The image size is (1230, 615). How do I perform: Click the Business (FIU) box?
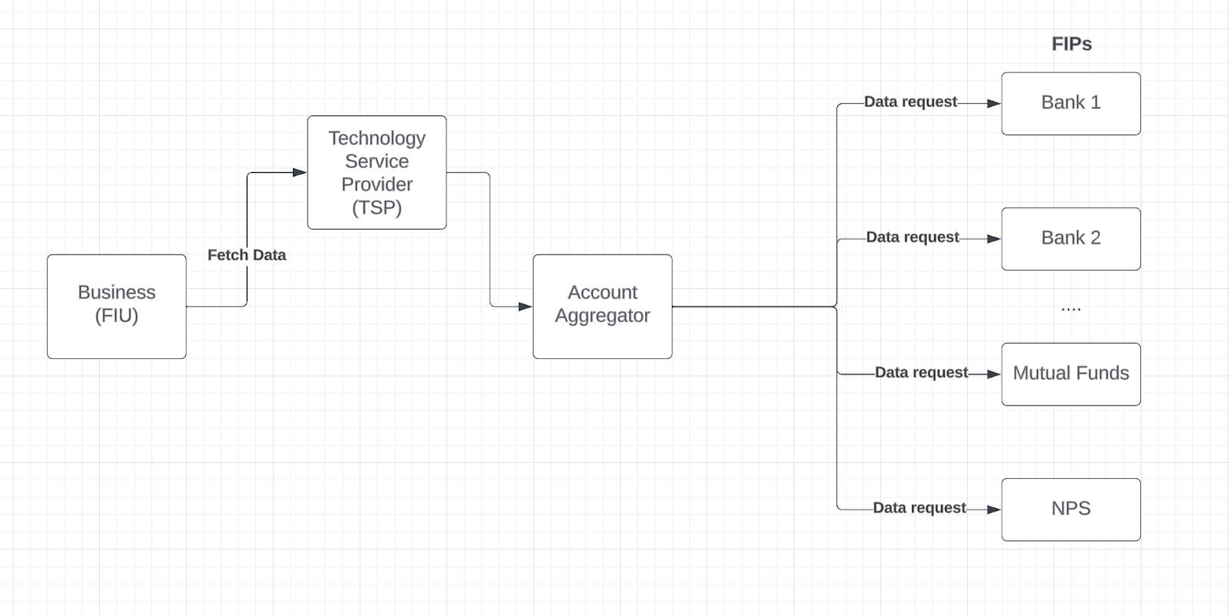click(x=116, y=306)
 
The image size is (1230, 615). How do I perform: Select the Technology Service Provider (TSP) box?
click(x=377, y=172)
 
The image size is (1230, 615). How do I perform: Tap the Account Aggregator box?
click(x=602, y=306)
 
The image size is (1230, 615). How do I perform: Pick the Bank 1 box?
click(x=1070, y=103)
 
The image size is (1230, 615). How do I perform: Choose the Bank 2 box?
click(x=1070, y=238)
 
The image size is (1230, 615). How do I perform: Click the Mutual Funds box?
click(x=1070, y=374)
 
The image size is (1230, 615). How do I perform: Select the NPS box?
click(x=1070, y=509)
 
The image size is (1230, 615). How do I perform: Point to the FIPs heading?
click(x=1072, y=44)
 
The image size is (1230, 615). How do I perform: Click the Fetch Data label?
click(x=247, y=255)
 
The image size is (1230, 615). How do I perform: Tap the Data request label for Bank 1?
click(x=910, y=101)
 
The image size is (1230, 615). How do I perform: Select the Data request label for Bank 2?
click(x=913, y=237)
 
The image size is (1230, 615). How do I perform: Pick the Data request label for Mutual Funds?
click(x=921, y=372)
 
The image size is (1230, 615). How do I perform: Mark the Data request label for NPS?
click(x=919, y=507)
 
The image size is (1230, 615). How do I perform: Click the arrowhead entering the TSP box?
click(x=300, y=173)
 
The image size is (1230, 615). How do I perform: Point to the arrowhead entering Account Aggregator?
click(x=525, y=307)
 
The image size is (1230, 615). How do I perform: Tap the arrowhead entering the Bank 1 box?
click(x=993, y=103)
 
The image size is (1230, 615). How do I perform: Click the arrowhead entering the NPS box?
click(x=993, y=509)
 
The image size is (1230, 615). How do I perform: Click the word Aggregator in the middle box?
click(x=602, y=316)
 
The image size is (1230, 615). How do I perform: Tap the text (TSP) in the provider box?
click(x=377, y=208)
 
